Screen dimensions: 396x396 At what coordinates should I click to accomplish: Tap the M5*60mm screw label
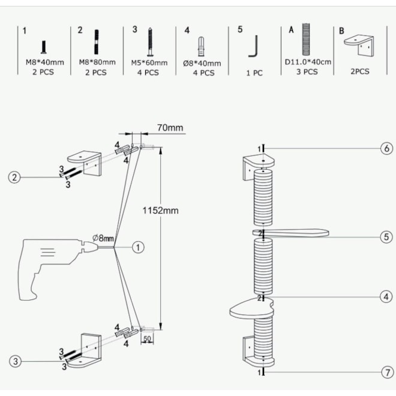pos(148,62)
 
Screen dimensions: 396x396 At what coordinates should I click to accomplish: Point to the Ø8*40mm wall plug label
pos(203,63)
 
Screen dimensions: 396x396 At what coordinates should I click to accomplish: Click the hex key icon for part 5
pos(254,46)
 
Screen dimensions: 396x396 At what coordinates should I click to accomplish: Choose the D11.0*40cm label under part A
pos(308,62)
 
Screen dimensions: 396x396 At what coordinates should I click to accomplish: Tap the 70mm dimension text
pos(170,128)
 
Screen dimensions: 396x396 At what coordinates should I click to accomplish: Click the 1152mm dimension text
pos(160,211)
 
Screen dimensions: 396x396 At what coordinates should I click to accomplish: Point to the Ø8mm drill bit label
pos(104,237)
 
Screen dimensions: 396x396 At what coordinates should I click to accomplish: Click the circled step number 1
pos(138,247)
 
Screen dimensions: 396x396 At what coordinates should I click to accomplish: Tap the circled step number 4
pos(386,296)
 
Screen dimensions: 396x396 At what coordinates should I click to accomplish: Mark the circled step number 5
pos(386,236)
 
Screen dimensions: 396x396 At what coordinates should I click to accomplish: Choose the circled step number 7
pos(386,372)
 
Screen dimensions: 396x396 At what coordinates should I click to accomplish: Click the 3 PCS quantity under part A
pos(308,72)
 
